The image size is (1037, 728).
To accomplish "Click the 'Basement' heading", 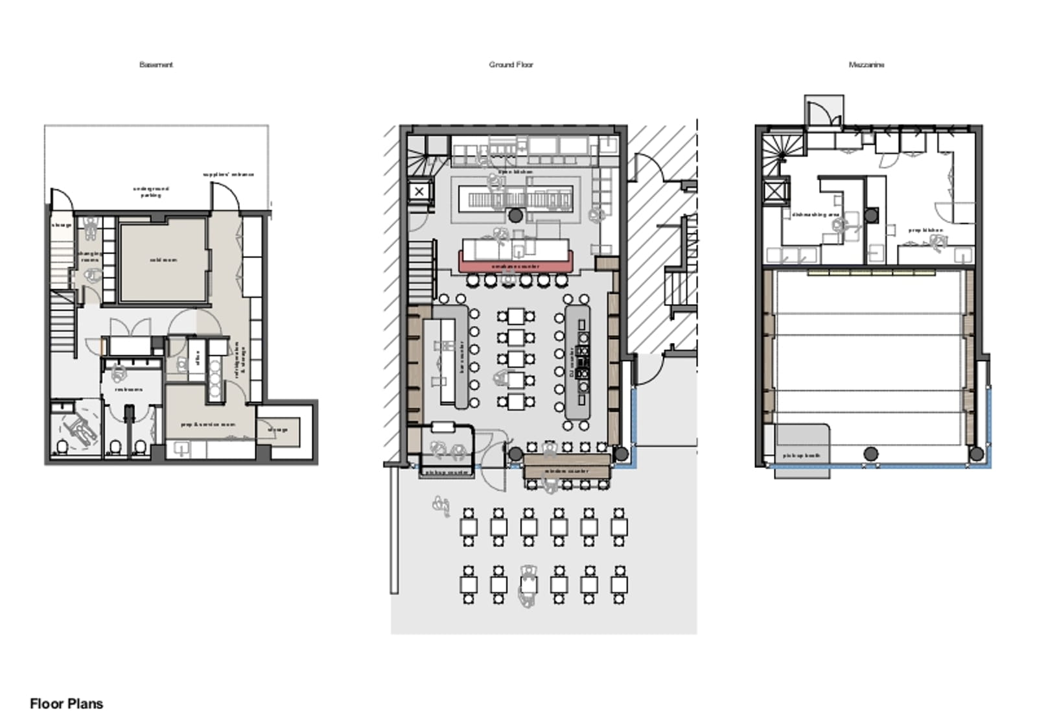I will pyautogui.click(x=156, y=65).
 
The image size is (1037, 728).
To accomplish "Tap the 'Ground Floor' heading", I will pyautogui.click(x=511, y=65).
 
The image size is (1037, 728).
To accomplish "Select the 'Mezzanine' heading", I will pyautogui.click(x=866, y=65).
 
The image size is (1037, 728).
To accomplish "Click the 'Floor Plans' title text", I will pyautogui.click(x=66, y=704).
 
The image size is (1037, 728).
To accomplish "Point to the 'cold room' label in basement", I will pyautogui.click(x=163, y=260).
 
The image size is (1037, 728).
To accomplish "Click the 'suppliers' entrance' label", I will pyautogui.click(x=228, y=174).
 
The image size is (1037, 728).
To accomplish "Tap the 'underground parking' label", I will pyautogui.click(x=151, y=192).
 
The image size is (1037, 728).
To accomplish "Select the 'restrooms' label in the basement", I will pyautogui.click(x=128, y=390).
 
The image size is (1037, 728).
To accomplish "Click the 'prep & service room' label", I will pyautogui.click(x=207, y=425).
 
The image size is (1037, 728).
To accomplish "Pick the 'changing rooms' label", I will pyautogui.click(x=89, y=256).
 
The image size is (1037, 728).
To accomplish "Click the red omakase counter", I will pyautogui.click(x=515, y=266).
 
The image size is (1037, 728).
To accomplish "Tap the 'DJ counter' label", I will pyautogui.click(x=571, y=363).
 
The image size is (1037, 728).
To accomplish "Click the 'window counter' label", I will pyautogui.click(x=566, y=471).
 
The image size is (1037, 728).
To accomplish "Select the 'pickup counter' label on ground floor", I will pyautogui.click(x=446, y=473).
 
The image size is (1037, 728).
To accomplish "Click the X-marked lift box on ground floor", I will pyautogui.click(x=419, y=191).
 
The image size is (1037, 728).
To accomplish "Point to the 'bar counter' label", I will pyautogui.click(x=462, y=357).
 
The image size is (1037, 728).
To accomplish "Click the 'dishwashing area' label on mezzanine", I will pyautogui.click(x=815, y=215).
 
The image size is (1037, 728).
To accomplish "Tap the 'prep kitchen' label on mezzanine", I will pyautogui.click(x=924, y=230).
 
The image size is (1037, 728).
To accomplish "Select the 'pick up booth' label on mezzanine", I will pyautogui.click(x=801, y=456).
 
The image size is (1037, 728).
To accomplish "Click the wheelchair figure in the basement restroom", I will pyautogui.click(x=79, y=428).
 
